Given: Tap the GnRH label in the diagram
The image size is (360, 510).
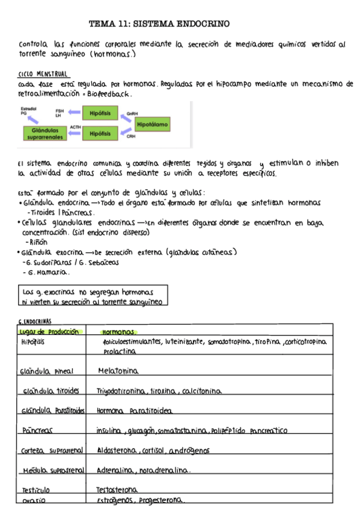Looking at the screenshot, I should (132, 112).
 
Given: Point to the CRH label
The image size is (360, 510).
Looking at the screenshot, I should (131, 137).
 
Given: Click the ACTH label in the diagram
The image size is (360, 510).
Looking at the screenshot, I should (75, 127).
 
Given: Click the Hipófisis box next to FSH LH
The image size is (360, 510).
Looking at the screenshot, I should (100, 112).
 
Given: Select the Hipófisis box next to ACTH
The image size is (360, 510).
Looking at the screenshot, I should (100, 133).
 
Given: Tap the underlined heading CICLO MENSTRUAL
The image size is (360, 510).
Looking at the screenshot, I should (43, 73).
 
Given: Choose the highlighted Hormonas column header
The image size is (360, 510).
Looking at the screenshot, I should (120, 331).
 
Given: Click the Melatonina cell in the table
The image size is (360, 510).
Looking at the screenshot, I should (118, 370).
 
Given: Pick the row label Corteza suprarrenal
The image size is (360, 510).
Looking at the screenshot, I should (50, 450).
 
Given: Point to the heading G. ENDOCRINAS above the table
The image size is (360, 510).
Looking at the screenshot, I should (35, 322).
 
